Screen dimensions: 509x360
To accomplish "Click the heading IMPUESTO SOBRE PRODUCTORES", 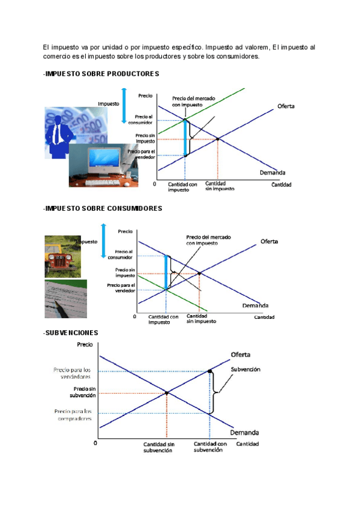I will tap(101, 74).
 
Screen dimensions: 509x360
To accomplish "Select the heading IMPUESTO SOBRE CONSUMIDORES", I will tap(103, 208).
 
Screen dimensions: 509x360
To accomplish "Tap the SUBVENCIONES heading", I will tap(71, 333).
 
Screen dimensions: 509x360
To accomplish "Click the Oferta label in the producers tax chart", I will tap(286, 106).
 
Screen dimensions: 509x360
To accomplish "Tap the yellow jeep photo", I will tap(62, 256).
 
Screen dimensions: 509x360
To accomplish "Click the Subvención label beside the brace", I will tap(245, 370).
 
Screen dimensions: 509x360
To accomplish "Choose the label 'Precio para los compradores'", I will tap(73, 414).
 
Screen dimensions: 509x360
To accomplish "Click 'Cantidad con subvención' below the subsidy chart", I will tap(209, 447).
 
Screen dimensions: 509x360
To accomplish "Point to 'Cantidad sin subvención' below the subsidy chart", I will tap(158, 447).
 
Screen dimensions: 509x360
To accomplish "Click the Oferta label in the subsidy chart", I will tap(241, 354).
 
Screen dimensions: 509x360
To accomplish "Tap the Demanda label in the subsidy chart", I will tap(244, 432).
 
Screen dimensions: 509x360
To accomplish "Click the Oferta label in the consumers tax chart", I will tap(269, 241).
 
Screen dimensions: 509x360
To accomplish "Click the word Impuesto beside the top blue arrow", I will tap(109, 104).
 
